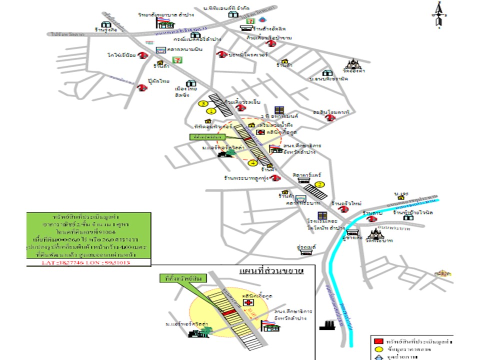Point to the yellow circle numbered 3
[x=203, y=103]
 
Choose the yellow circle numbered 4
[x=253, y=163]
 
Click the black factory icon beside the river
[x=327, y=324]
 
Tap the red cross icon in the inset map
[x=248, y=302]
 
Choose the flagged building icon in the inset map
[x=270, y=327]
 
